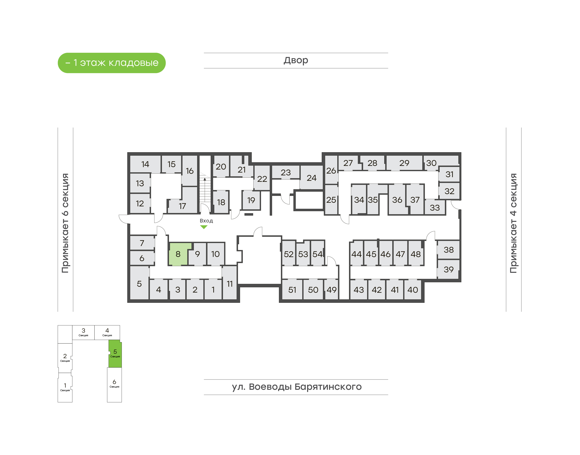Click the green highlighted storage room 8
tap(178, 254)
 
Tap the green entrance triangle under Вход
tap(204, 227)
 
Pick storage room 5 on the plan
tap(139, 283)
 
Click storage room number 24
tap(311, 178)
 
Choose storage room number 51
tap(292, 290)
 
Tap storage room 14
tap(145, 164)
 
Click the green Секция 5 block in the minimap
tap(115, 354)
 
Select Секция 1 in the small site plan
tap(65, 387)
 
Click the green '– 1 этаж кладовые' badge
tap(112, 63)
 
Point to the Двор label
tap(296, 60)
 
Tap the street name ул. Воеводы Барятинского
tap(296, 387)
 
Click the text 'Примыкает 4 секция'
tap(513, 223)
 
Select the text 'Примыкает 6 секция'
tap(65, 223)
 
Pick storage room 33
tap(435, 207)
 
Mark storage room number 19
tap(251, 200)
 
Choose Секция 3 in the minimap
tap(83, 332)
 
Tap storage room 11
tap(230, 283)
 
